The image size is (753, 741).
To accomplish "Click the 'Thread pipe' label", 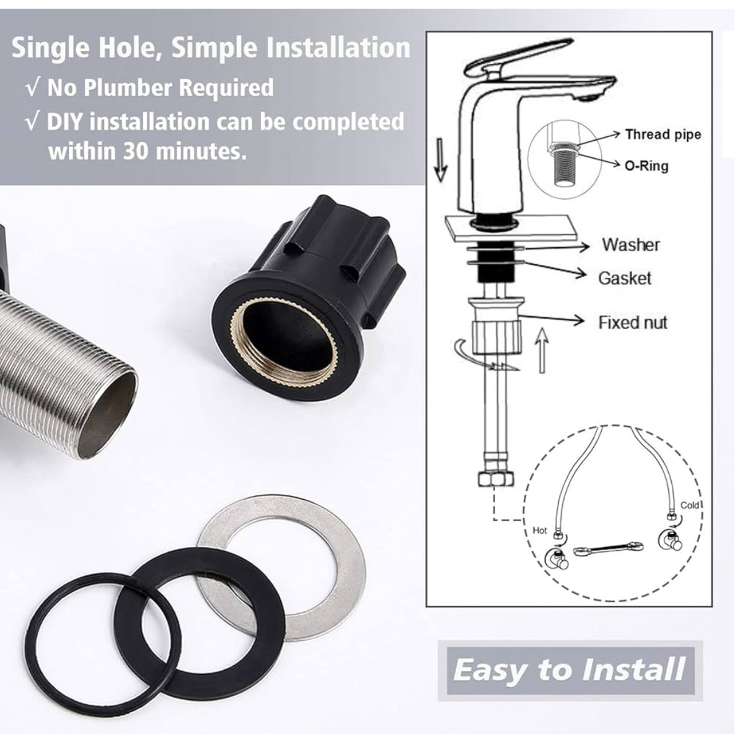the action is point(663,135).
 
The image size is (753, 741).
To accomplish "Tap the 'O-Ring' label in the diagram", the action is point(647,166).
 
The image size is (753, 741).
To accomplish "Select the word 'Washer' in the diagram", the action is point(631,245).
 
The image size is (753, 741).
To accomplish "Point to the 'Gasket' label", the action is point(625,278).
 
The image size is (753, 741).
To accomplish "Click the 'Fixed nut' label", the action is point(633,322).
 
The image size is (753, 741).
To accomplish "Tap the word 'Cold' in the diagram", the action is point(690,505).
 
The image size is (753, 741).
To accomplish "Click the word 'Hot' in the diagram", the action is point(540,531).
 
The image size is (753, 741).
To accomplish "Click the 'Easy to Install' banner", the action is point(570,670).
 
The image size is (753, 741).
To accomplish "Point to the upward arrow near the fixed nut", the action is point(542,350).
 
